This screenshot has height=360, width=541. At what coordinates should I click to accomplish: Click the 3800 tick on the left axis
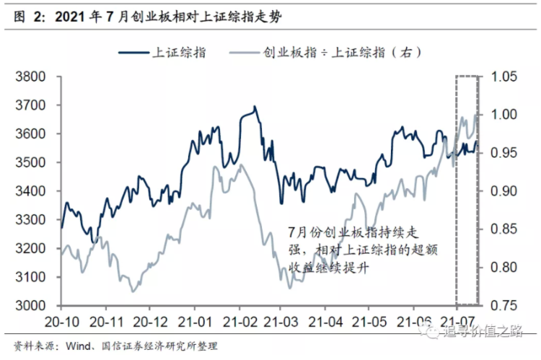click(30, 76)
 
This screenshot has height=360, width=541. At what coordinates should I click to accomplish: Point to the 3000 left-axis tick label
click(30, 306)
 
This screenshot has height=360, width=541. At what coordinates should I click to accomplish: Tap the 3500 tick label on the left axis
click(30, 162)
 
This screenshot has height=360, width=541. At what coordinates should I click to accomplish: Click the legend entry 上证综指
click(177, 52)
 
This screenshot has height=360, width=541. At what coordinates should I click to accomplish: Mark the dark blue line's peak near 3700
click(255, 107)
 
